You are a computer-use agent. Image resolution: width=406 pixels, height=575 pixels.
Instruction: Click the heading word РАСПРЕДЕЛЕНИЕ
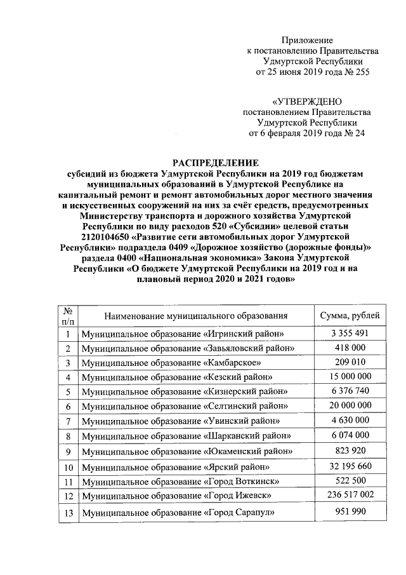pyautogui.click(x=202, y=163)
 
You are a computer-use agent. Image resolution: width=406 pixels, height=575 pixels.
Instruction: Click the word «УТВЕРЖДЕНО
pyautogui.click(x=307, y=101)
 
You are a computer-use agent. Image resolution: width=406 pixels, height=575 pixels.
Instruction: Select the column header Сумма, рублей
pyautogui.click(x=351, y=315)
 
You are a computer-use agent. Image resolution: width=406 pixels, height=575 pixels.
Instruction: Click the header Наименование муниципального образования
pyautogui.click(x=197, y=315)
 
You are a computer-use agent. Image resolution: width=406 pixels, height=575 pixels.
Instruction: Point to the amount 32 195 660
pyautogui.click(x=351, y=466)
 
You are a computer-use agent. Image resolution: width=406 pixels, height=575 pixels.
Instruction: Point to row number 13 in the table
pyautogui.click(x=67, y=513)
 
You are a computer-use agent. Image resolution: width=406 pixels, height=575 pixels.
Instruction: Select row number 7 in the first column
pyautogui.click(x=67, y=421)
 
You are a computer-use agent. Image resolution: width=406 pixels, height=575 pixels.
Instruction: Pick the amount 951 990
pyautogui.click(x=351, y=512)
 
